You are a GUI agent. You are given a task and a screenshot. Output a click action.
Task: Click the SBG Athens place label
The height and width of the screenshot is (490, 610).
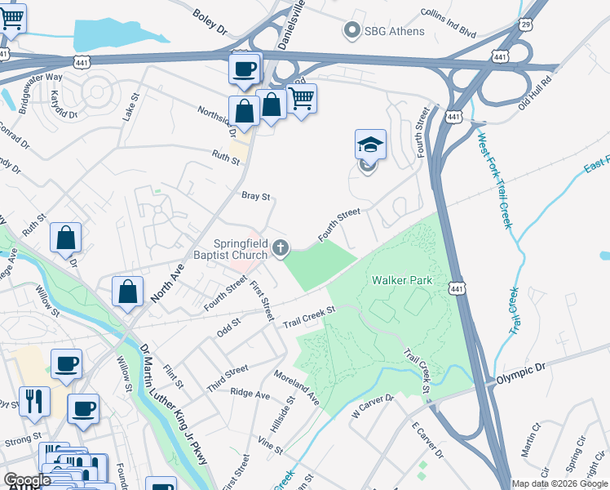click(x=395, y=31)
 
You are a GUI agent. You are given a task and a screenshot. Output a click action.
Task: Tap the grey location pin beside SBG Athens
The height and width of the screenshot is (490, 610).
click(x=352, y=31)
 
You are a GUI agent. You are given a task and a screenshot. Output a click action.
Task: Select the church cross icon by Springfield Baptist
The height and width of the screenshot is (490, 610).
click(x=281, y=247)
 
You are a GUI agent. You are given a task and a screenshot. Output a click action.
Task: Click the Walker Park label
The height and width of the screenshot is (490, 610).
click(x=401, y=279)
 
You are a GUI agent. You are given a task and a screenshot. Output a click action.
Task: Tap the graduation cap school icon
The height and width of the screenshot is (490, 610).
click(x=370, y=145)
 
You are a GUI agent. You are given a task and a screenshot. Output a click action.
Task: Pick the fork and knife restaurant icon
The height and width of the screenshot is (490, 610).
click(x=34, y=401)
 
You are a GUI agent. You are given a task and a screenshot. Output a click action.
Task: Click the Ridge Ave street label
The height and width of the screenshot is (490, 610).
click(x=250, y=394)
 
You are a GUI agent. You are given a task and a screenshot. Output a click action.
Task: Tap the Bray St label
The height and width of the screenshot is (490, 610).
click(x=255, y=196)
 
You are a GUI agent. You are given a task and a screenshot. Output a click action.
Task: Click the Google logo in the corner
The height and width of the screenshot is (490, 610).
click(x=27, y=480)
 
